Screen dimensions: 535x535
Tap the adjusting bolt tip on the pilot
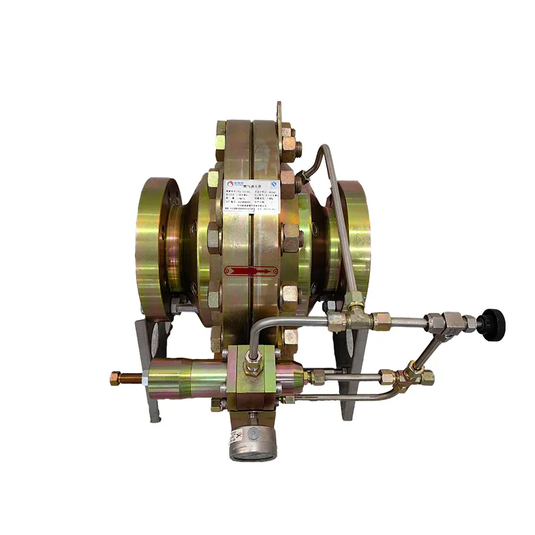point(114,379)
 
